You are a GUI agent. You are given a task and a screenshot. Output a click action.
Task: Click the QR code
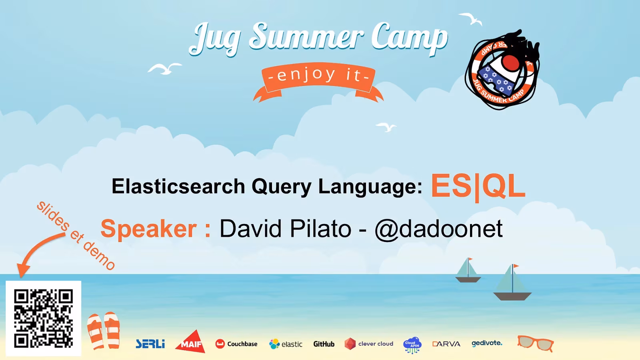(x=43, y=318)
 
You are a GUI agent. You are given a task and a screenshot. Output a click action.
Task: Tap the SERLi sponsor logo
(x=150, y=344)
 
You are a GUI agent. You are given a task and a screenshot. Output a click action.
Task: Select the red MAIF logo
(x=190, y=342)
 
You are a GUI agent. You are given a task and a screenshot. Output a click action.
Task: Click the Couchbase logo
(x=236, y=344)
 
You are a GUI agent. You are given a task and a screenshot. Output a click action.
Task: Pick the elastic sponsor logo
(x=286, y=344)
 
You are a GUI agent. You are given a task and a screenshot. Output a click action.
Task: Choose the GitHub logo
(x=324, y=344)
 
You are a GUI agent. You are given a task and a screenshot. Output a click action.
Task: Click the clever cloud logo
(x=369, y=344)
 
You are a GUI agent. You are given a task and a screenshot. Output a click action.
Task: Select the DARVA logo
(x=446, y=344)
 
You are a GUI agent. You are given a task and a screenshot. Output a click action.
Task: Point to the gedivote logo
(x=487, y=343)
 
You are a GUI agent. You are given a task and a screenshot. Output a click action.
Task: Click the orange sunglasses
(x=535, y=343)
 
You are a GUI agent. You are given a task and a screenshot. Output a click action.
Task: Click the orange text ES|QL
(x=478, y=186)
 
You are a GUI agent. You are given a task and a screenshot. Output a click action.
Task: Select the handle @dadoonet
(x=438, y=229)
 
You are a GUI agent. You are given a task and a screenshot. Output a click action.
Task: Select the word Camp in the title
(x=409, y=38)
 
